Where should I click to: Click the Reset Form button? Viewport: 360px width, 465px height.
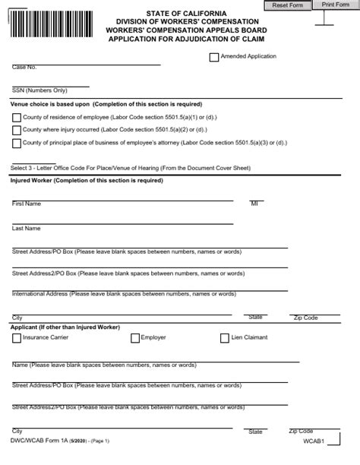pyautogui.click(x=288, y=5)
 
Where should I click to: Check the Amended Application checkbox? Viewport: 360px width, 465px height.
pyautogui.click(x=213, y=57)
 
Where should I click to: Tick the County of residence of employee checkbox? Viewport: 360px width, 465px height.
pyautogui.click(x=16, y=118)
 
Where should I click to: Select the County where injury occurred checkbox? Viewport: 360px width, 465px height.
pyautogui.click(x=16, y=130)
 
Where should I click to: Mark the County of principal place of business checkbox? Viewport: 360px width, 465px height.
pyautogui.click(x=16, y=143)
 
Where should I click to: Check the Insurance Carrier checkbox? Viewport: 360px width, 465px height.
pyautogui.click(x=16, y=338)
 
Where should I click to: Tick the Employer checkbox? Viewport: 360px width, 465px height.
pyautogui.click(x=135, y=338)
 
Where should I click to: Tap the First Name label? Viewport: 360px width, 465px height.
pyautogui.click(x=27, y=204)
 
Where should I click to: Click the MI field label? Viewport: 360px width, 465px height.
pyautogui.click(x=254, y=204)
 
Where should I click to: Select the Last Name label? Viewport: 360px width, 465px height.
pyautogui.click(x=27, y=228)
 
